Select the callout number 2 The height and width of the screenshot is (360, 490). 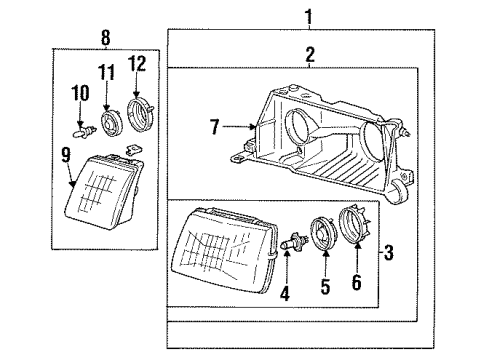click(x=309, y=55)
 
